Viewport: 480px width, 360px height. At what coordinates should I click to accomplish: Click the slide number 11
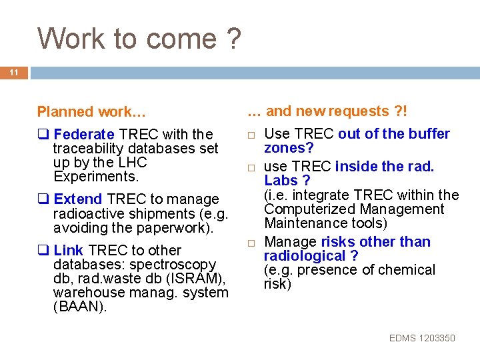point(14,72)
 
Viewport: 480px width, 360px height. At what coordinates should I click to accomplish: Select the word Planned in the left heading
point(65,111)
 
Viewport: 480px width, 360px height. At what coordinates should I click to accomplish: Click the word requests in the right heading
point(356,111)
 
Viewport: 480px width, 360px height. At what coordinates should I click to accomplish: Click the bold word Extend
point(78,199)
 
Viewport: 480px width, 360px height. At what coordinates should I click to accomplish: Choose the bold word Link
point(69,251)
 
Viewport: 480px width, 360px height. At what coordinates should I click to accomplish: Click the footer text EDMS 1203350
point(422,338)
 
